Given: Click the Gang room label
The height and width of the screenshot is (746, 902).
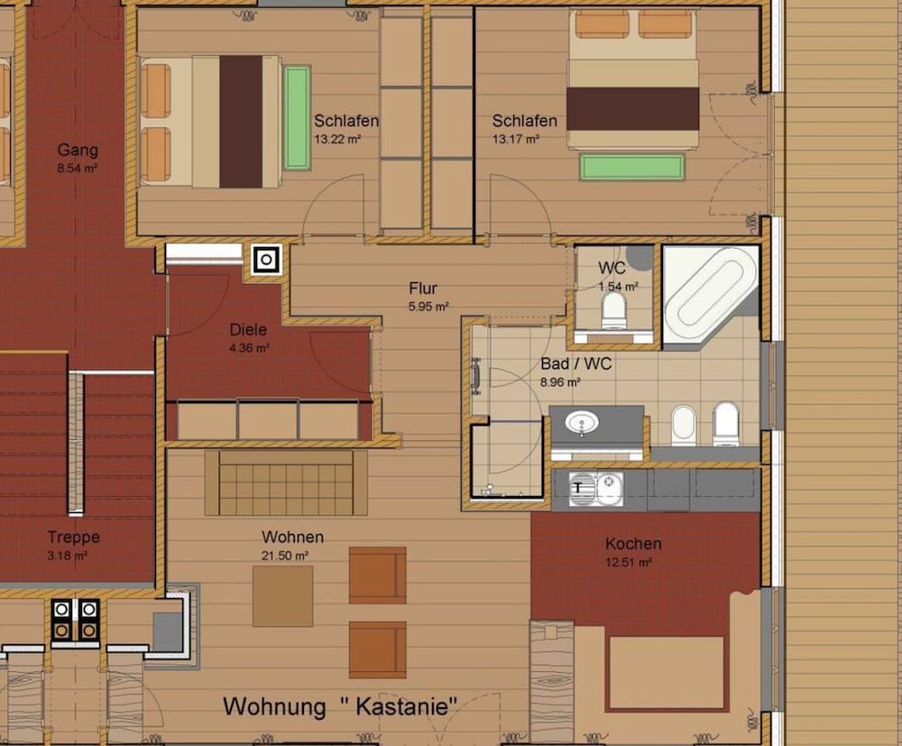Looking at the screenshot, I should point(78,150).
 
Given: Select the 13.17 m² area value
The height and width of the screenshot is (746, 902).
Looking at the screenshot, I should point(516,139).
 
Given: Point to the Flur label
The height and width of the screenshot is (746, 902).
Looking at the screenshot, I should point(423,289).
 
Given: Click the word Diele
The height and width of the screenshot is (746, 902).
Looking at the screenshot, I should point(248,330).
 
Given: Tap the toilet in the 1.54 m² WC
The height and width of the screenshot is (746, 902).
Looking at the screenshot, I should point(614,312).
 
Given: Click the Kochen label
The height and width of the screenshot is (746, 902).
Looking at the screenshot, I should point(633,544).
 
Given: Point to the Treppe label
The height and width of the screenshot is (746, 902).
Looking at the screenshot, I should point(74,538).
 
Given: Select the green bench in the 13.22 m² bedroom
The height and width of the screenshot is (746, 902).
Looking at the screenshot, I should point(297,117).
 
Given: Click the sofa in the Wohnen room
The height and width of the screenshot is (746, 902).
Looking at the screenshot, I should point(286,483).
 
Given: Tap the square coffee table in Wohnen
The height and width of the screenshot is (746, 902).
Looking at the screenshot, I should point(282,596).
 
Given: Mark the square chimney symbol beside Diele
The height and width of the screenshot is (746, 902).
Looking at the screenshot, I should point(267,260).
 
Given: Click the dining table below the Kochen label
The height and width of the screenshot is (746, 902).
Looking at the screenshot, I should point(667,673).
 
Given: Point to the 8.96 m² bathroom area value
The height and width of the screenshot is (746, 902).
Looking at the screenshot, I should point(561,382).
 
